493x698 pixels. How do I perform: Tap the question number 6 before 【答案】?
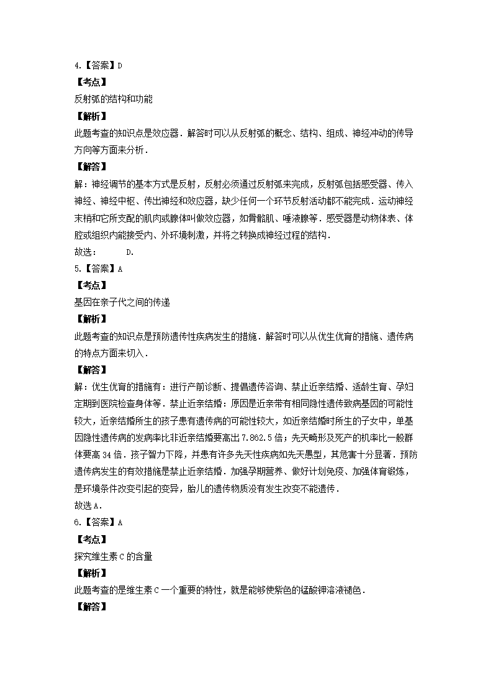(76, 522)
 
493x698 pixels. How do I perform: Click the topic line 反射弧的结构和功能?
(113, 99)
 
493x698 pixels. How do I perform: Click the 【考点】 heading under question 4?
(91, 81)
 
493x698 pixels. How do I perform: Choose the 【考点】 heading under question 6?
(91, 539)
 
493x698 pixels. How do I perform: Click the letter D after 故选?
(129, 252)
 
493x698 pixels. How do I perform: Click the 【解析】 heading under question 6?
(91, 573)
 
